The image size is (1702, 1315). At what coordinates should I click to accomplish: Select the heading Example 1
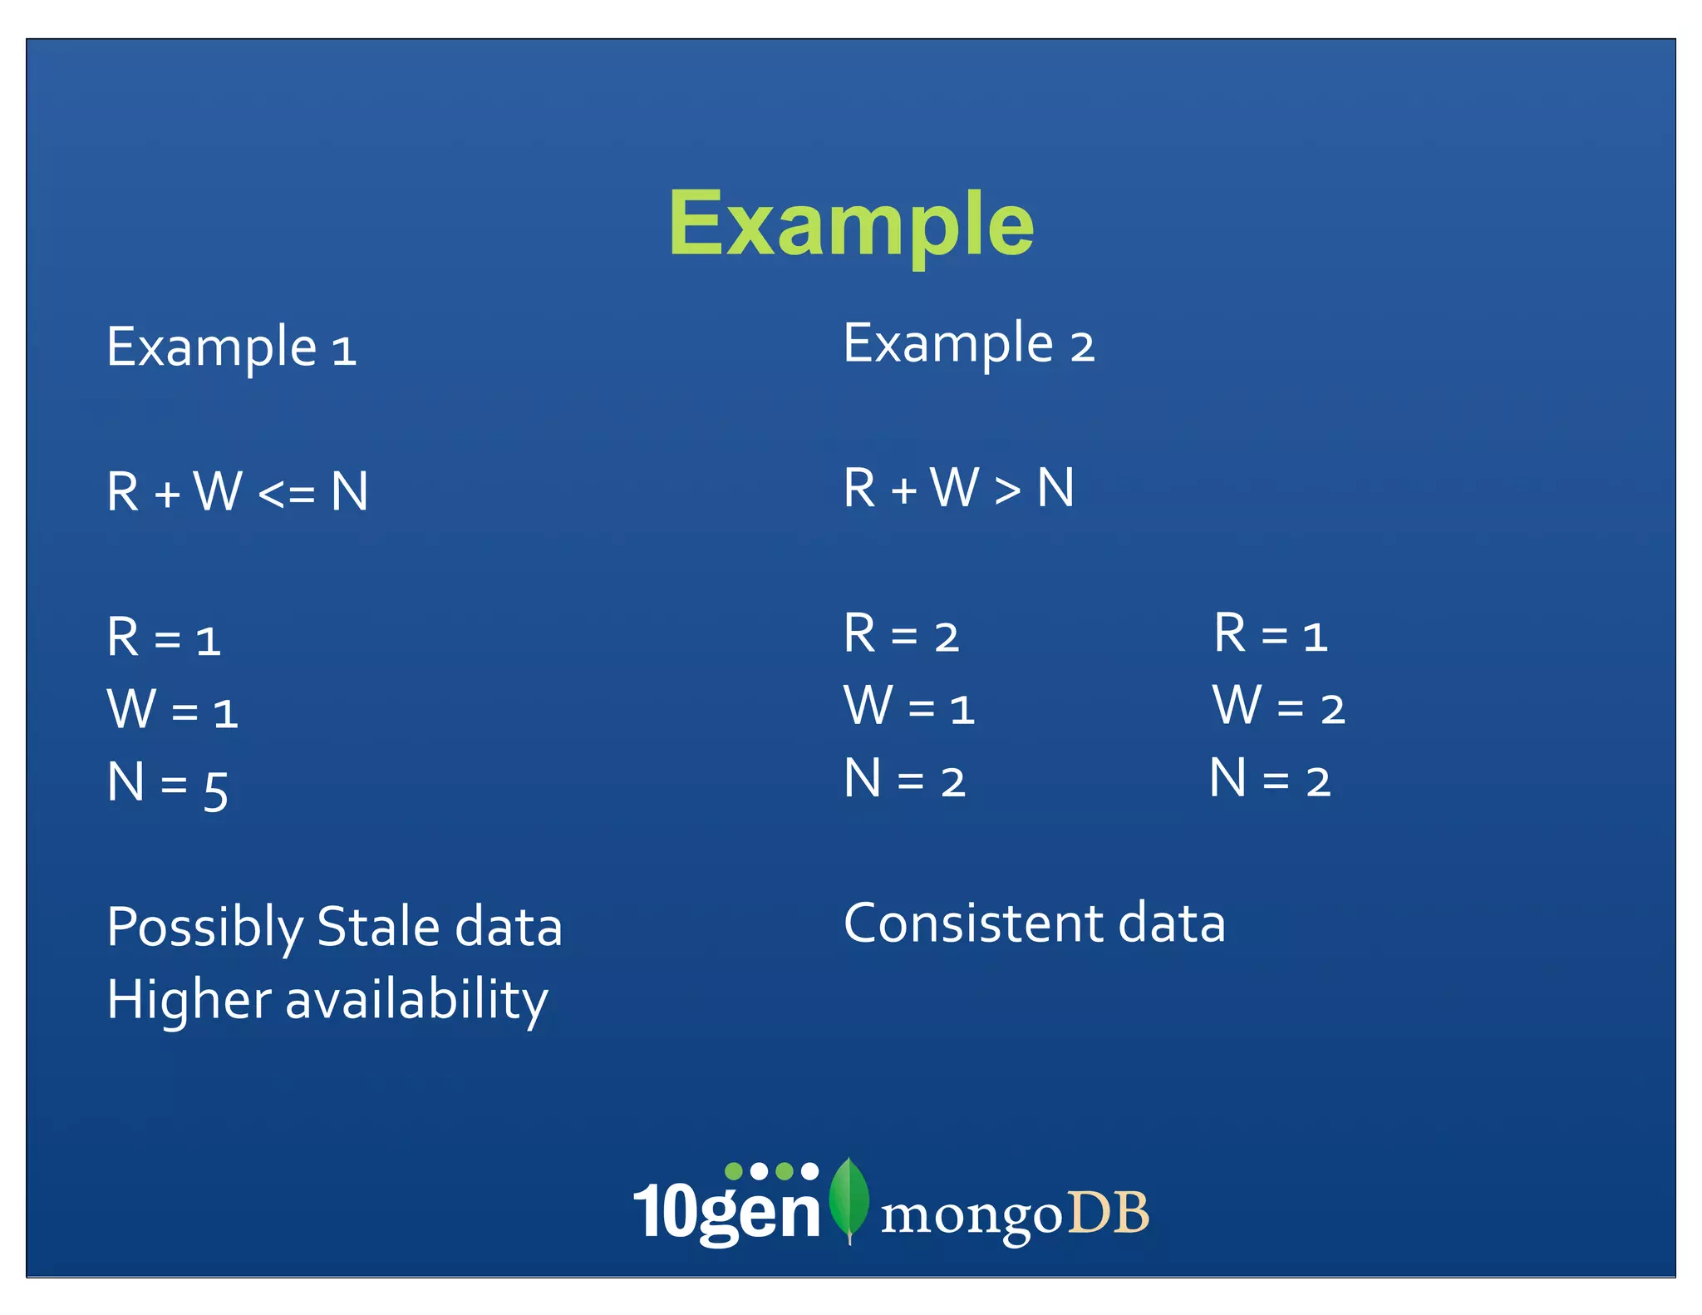(232, 347)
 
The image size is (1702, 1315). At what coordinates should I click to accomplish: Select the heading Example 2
(969, 343)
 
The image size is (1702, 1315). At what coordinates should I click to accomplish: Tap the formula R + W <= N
(238, 491)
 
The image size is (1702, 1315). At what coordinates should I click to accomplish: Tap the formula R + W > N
(959, 488)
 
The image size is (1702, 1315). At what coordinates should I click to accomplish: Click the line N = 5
(167, 784)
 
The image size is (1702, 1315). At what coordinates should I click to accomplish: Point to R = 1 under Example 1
(164, 638)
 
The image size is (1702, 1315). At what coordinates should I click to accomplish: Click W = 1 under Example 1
(173, 710)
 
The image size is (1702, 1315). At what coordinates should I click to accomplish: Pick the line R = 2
(902, 634)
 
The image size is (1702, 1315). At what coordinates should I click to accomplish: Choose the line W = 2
(1278, 707)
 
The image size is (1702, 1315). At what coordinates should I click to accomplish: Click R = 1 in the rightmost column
(1271, 634)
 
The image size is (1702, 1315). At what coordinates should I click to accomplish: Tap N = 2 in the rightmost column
(1270, 780)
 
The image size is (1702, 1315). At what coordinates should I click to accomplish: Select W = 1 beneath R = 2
(909, 707)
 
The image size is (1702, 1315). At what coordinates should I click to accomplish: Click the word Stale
(378, 927)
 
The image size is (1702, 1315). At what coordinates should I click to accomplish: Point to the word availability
(416, 1000)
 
